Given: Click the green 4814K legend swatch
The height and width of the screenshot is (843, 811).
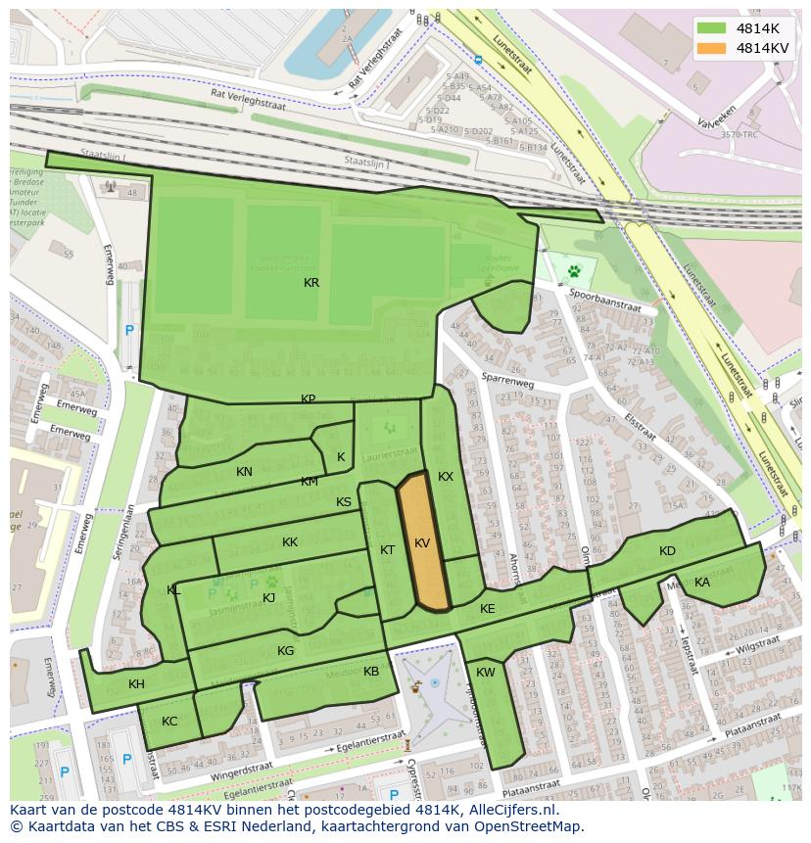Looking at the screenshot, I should click(712, 27).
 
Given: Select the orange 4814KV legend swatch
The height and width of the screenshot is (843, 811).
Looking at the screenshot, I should click(712, 47).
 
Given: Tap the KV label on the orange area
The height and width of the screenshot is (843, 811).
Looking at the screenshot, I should click(422, 543).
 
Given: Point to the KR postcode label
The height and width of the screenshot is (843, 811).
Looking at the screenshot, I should click(311, 283).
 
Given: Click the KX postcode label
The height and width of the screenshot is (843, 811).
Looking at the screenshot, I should click(446, 477).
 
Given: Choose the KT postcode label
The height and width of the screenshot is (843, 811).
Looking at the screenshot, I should click(387, 550).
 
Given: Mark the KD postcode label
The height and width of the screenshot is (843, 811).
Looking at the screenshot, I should click(667, 551).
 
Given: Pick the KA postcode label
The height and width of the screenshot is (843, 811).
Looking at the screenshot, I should click(702, 583).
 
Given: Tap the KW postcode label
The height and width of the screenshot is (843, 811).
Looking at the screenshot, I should click(486, 673).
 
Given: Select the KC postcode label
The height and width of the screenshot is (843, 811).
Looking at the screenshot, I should click(169, 722).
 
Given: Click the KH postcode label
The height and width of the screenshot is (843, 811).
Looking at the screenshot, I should click(136, 684).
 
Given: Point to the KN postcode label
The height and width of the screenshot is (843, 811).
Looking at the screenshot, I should click(244, 472).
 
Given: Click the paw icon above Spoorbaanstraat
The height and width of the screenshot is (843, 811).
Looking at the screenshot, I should click(574, 269).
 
